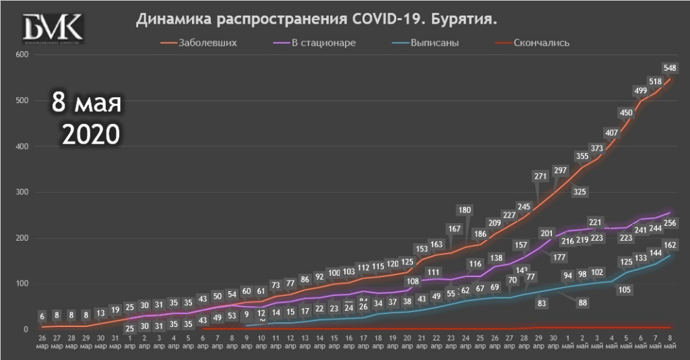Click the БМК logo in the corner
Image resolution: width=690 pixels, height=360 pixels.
[53, 29]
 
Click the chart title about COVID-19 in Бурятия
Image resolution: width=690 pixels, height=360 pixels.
[317, 21]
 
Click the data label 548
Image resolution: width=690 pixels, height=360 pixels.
[670, 67]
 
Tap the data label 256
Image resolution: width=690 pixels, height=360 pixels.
[670, 223]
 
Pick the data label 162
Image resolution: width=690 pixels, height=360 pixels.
[670, 245]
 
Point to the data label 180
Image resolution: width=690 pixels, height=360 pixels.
[464, 210]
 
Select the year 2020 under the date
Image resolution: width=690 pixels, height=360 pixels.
[91, 134]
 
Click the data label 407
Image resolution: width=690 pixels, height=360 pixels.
[612, 132]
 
